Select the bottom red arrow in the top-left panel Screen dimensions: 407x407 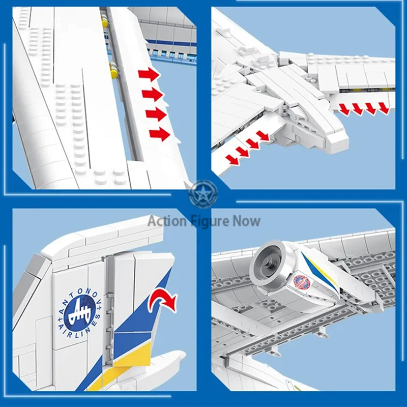pos(159,134)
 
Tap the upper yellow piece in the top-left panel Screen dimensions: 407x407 pos(105,22)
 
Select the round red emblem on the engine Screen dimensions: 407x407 pos(302,282)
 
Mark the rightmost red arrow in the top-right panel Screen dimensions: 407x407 pos(383,108)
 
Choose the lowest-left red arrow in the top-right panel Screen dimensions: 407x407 pos(232,160)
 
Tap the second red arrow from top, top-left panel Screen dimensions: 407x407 pos(152,95)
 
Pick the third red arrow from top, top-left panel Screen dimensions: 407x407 pos(156,114)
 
